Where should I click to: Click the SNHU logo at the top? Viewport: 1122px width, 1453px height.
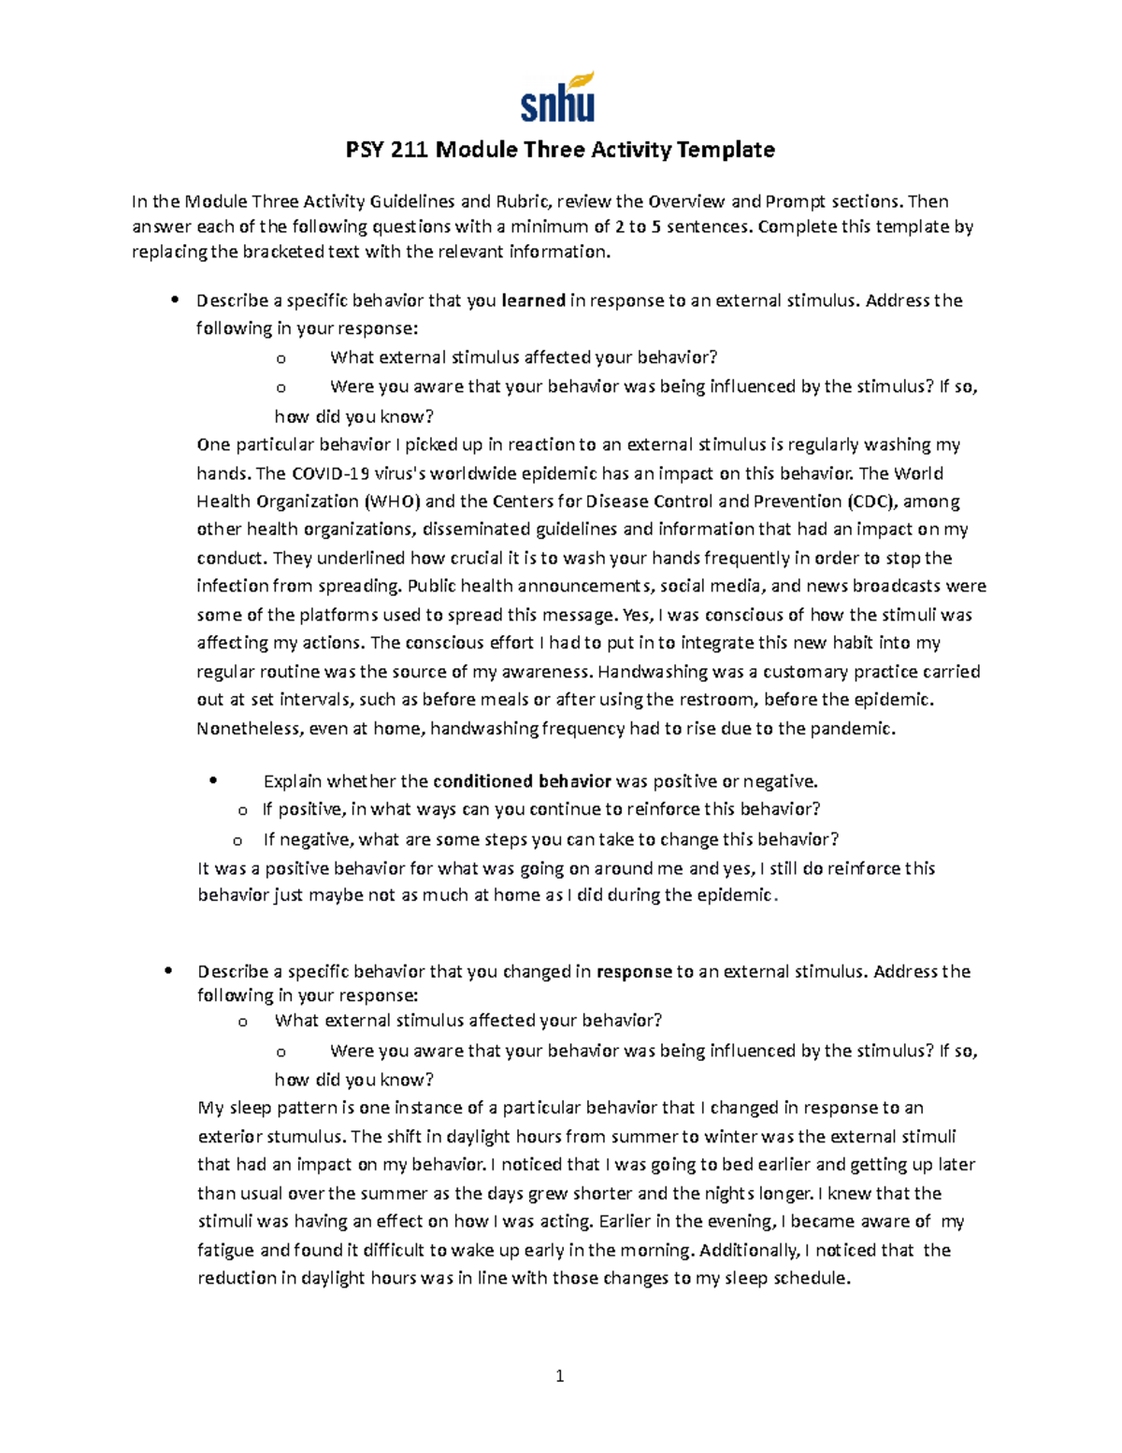[557, 98]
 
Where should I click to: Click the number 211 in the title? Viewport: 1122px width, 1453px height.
[406, 150]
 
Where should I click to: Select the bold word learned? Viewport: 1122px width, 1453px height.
[534, 300]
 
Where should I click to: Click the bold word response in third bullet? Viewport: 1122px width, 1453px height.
[634, 971]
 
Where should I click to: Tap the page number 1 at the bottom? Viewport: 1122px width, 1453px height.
[560, 1376]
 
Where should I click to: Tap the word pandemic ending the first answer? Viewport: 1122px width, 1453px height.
[856, 729]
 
